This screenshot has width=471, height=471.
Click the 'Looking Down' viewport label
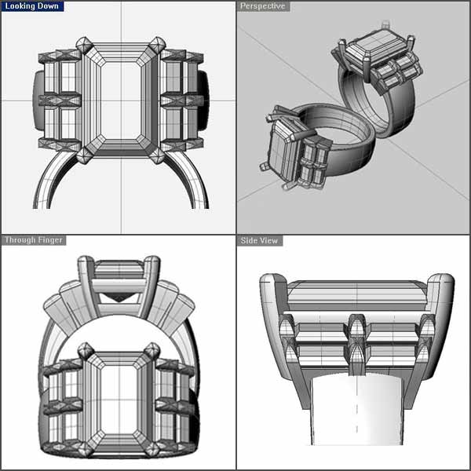tap(32, 6)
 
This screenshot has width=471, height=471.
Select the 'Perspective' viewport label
tap(263, 6)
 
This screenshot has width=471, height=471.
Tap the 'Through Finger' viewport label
tap(34, 240)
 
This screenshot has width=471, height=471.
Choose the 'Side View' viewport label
tap(259, 241)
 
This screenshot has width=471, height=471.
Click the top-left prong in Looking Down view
tap(84, 46)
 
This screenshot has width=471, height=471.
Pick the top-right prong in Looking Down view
tap(157, 46)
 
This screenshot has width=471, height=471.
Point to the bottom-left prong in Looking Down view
tap(84, 155)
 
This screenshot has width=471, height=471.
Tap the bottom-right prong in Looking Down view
tap(157, 155)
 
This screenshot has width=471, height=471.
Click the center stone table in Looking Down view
tap(121, 100)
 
